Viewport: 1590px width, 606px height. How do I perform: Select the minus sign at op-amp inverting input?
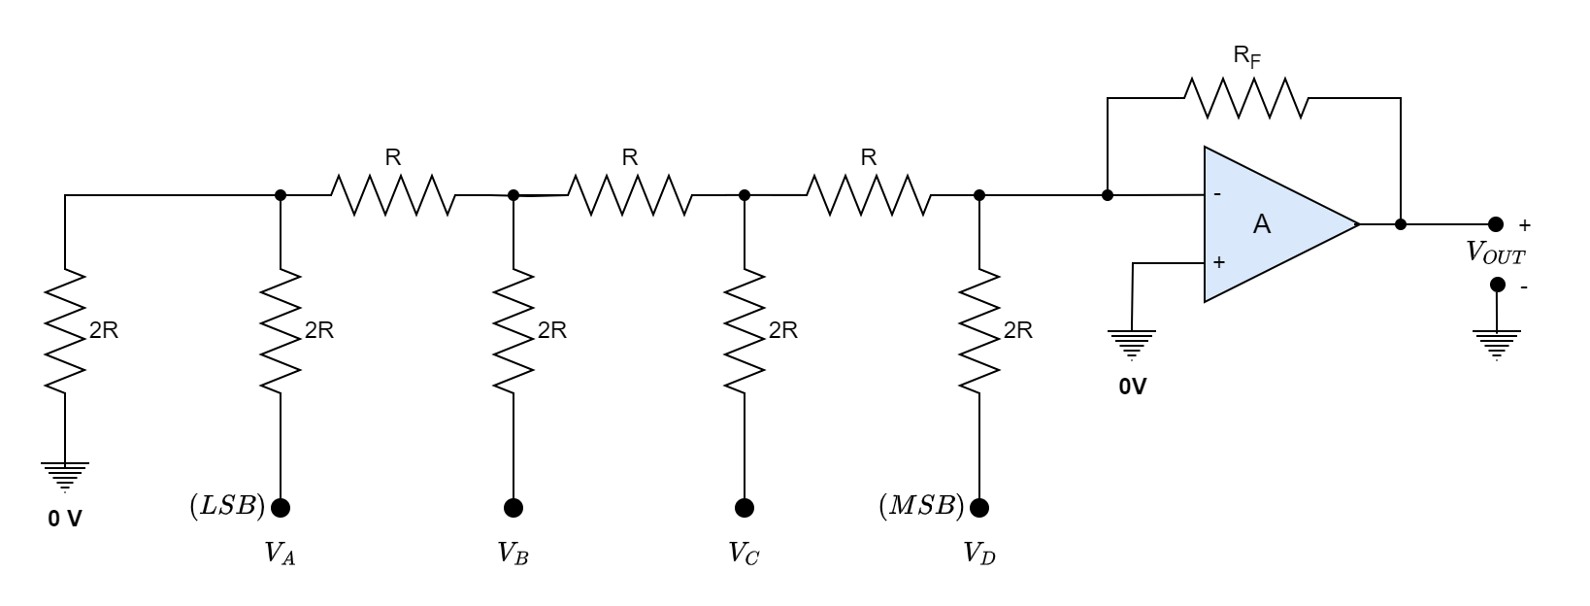tap(1218, 194)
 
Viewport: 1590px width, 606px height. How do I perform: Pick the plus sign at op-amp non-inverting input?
tap(1219, 262)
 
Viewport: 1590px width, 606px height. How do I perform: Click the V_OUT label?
tap(1495, 254)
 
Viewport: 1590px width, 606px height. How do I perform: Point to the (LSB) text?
tap(227, 507)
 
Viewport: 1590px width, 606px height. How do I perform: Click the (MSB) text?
tap(921, 507)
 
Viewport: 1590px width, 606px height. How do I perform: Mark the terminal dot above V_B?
tap(513, 507)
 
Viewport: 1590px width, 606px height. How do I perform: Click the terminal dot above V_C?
tap(745, 507)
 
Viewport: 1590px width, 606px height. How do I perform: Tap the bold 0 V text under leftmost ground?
tap(65, 520)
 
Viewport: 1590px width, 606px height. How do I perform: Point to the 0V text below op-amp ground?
tap(1132, 387)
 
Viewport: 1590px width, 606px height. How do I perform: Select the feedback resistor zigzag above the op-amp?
tap(1245, 98)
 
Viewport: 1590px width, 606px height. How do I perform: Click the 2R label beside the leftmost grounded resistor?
tap(104, 331)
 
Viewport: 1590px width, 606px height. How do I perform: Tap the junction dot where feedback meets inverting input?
tap(1108, 195)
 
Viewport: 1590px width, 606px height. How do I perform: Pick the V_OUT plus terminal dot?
tap(1496, 224)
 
